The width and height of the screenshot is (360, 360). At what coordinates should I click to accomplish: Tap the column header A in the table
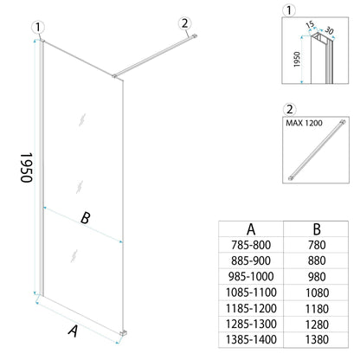[x=250, y=228]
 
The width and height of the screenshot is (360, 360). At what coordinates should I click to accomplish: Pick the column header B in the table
[x=316, y=228]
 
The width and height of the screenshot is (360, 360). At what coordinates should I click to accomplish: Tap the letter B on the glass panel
[x=85, y=218]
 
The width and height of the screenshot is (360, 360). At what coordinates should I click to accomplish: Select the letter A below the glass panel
[x=74, y=329]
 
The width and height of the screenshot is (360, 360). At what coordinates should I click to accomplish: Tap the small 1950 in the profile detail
[x=296, y=61]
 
